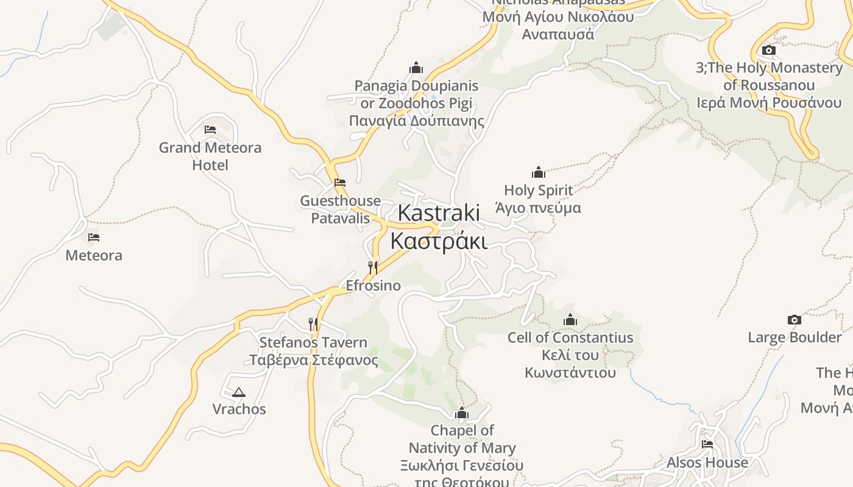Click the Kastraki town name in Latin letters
439,213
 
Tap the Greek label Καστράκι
439,241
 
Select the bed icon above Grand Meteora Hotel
210,130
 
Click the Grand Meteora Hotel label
210,156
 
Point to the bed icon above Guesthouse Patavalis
340,182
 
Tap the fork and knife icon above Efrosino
373,267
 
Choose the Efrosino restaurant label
373,285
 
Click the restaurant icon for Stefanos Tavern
313,324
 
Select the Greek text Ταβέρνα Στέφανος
314,360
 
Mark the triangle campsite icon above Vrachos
239,392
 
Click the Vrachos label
239,408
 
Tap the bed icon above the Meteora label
94,237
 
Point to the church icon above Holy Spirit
539,172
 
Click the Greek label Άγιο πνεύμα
538,208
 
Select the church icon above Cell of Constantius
570,320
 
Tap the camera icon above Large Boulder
795,320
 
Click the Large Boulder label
795,337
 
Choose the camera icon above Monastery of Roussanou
769,50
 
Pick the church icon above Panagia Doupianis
416,67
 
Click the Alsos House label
707,462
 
